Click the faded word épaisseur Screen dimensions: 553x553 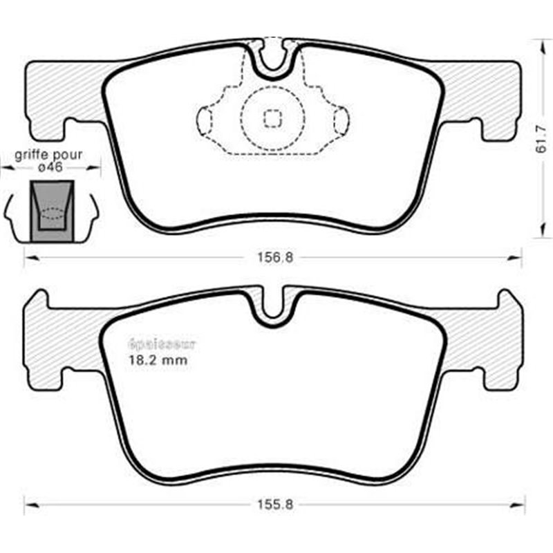[162, 344]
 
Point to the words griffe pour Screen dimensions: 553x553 [51, 155]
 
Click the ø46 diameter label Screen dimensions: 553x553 [52, 167]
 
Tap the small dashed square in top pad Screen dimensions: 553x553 [273, 119]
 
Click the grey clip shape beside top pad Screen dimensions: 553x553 [51, 210]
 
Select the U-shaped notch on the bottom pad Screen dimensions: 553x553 [274, 308]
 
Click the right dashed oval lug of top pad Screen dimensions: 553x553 [341, 120]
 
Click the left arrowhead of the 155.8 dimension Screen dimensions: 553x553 [29, 504]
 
